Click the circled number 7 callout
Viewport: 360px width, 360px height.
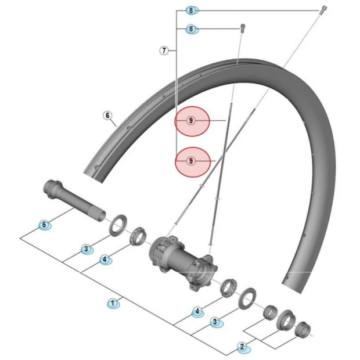tap(164, 51)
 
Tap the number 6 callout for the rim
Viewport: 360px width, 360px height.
tap(107, 115)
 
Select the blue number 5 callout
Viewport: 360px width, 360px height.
tap(44, 225)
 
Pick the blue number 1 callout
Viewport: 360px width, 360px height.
tap(113, 303)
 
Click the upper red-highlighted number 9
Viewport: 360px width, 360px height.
tap(191, 121)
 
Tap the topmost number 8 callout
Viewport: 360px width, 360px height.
tap(192, 10)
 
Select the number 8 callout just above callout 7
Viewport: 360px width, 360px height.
tap(192, 28)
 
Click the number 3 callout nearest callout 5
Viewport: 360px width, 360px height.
tap(86, 249)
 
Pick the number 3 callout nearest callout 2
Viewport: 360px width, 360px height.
tap(215, 321)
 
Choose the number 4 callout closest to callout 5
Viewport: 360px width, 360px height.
tap(105, 260)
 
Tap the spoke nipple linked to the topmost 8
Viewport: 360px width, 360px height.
tap(322, 9)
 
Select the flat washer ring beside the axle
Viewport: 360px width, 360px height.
tap(119, 223)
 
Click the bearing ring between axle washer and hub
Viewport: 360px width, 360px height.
tap(139, 237)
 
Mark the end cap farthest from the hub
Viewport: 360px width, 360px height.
tap(303, 330)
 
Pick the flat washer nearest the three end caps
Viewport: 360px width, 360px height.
tap(246, 297)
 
